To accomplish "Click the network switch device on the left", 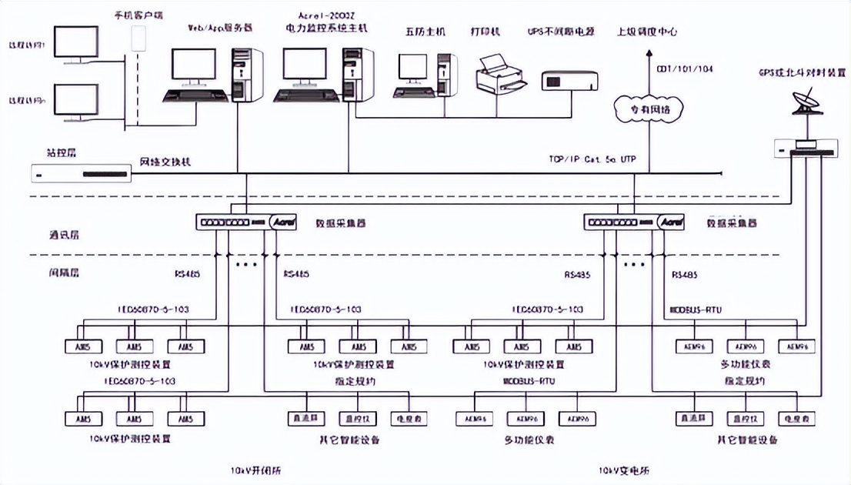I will (82, 174).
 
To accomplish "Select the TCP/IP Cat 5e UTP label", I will (592, 160).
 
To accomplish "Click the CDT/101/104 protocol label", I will (684, 69).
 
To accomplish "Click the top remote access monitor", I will (75, 44).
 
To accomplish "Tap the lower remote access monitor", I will (75, 103).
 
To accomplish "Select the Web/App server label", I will (219, 28).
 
